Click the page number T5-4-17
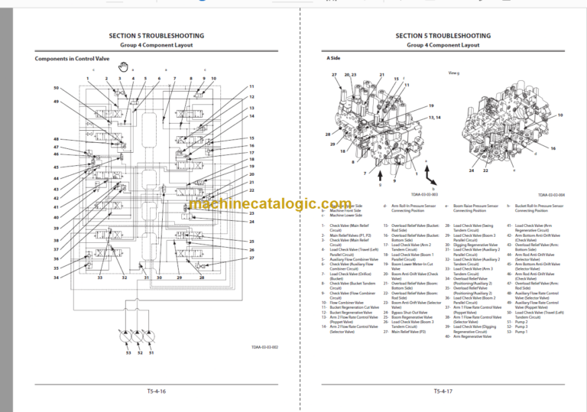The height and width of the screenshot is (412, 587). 438,392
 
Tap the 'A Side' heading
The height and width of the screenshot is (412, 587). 333,59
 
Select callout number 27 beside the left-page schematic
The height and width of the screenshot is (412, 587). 251,258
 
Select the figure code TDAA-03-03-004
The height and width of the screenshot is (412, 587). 551,195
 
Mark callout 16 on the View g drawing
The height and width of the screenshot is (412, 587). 553,148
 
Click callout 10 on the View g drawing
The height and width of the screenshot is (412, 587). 559,115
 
